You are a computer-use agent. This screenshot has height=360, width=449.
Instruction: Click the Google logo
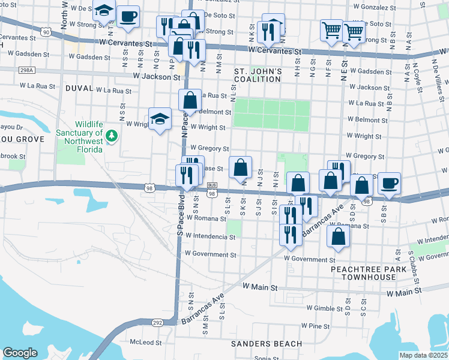tap(20, 353)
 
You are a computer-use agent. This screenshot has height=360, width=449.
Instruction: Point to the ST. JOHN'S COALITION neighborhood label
tap(258, 76)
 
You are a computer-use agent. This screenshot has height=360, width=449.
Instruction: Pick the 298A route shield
tap(26, 70)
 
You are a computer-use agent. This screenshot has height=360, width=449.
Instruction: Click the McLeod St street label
tap(145, 342)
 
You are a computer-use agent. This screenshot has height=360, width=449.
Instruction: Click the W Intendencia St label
tap(210, 237)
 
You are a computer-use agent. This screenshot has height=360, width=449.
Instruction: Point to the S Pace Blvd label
tap(179, 216)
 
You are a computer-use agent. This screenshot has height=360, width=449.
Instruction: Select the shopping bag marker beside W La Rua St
tap(190, 100)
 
